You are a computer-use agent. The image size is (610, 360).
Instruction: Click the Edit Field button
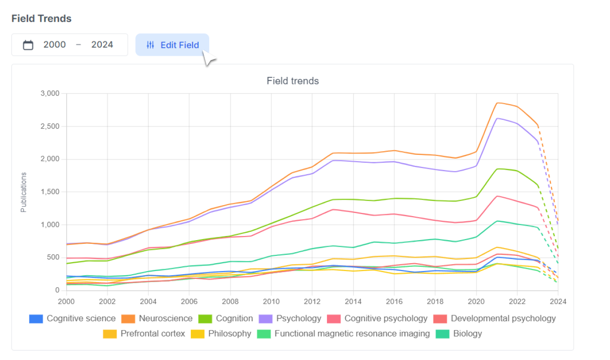[172, 45]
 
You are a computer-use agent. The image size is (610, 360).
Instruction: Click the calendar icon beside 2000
[28, 45]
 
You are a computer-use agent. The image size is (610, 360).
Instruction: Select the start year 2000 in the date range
[54, 45]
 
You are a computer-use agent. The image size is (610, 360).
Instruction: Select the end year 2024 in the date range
[102, 45]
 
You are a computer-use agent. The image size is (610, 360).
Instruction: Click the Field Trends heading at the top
[41, 18]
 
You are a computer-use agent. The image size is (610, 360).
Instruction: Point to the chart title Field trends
[293, 81]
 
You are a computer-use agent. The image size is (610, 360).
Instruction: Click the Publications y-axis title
[24, 192]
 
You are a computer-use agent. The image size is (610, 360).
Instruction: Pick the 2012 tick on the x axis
[312, 301]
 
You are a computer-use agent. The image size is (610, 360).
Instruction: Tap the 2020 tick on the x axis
[476, 301]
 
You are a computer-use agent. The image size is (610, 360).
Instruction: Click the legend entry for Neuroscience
[157, 319]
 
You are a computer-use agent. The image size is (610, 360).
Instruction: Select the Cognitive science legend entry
[72, 319]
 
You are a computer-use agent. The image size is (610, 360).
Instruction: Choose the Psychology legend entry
[290, 319]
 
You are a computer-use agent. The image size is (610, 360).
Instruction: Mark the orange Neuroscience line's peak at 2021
[497, 103]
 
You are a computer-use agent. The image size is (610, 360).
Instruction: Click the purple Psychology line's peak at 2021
[497, 118]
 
